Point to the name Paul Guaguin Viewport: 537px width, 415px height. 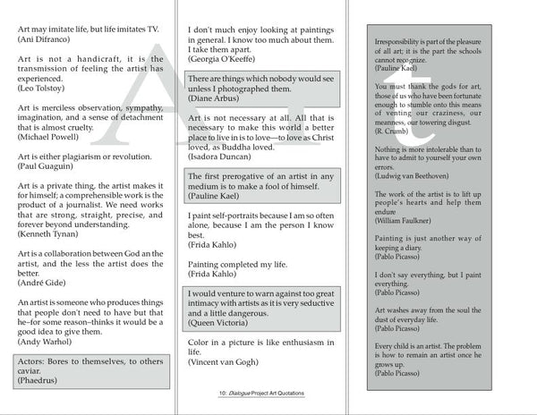point(47,166)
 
